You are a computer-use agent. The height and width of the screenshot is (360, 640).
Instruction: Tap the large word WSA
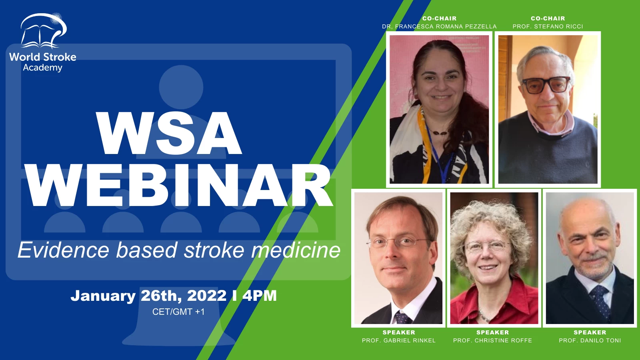point(169,133)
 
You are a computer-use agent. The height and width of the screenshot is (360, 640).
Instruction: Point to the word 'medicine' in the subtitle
point(296,250)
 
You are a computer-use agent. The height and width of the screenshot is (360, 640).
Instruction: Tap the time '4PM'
point(260,296)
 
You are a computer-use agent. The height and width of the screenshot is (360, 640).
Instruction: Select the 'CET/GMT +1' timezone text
point(178,312)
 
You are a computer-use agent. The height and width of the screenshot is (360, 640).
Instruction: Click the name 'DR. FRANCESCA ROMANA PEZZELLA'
point(439,26)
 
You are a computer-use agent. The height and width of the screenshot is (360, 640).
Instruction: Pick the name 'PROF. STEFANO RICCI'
point(548,26)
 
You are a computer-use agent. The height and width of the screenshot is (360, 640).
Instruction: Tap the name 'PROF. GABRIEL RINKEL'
point(398,340)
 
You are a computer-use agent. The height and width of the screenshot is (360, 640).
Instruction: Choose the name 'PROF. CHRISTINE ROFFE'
point(492,340)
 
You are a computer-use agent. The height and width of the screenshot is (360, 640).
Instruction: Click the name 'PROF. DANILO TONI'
point(590,340)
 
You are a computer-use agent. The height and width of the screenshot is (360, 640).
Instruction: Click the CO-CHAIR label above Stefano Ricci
point(548,18)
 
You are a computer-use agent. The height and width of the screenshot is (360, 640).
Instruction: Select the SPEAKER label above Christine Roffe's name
point(492,332)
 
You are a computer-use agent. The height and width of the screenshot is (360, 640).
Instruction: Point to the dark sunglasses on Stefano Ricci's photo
point(546,85)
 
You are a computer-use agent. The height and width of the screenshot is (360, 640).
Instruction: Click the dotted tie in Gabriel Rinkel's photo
point(402,318)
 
